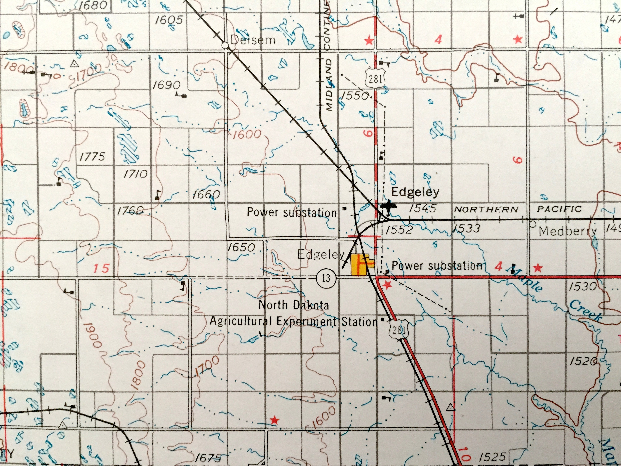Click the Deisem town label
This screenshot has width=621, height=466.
[x=253, y=40]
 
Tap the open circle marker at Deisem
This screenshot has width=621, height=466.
[x=225, y=45]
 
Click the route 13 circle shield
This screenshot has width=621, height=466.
[x=326, y=278]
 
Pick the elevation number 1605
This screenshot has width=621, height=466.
[x=169, y=20]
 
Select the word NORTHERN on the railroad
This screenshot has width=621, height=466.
[x=486, y=209]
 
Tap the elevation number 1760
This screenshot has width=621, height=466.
[x=130, y=211]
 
